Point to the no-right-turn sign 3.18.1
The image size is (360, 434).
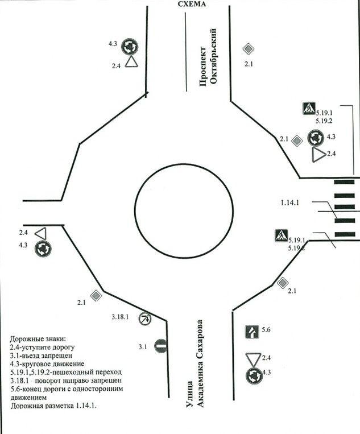point(145,319)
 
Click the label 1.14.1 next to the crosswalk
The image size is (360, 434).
point(295,202)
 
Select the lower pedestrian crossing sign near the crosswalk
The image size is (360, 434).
point(280,235)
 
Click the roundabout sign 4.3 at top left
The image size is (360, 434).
point(131,45)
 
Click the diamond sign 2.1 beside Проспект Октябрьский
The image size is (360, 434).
point(248,49)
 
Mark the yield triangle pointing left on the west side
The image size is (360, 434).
point(40,233)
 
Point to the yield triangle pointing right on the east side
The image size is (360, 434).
point(317,154)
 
